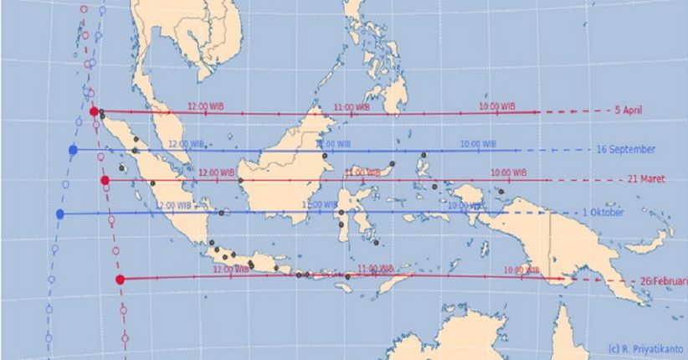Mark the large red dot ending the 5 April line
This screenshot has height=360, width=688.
click(95, 111)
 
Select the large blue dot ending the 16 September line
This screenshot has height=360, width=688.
click(73, 150)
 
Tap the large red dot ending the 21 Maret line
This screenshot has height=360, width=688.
click(105, 180)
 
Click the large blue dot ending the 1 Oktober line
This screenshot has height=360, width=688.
click(60, 214)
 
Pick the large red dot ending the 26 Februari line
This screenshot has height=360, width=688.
click(121, 279)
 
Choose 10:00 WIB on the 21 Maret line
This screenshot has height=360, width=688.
click(508, 172)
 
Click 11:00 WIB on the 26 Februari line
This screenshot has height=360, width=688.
click(375, 270)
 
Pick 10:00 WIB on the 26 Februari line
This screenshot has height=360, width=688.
click(522, 270)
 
